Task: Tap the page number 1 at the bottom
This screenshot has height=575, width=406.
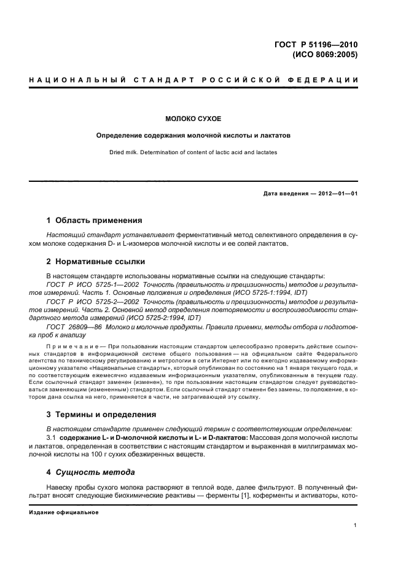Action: pos(355,525)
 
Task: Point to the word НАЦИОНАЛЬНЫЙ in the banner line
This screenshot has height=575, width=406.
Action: pos(77,80)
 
